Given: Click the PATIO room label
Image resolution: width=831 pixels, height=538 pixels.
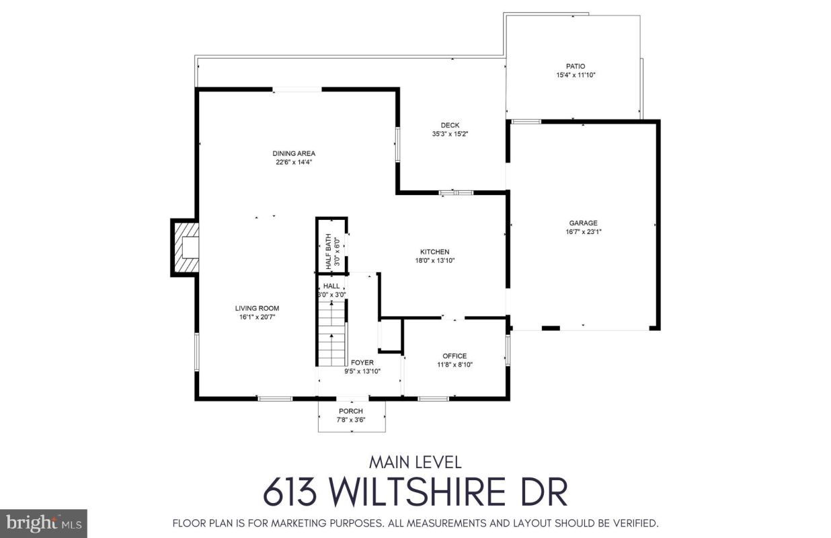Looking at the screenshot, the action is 576,67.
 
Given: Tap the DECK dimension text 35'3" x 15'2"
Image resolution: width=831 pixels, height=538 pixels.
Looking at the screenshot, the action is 450,134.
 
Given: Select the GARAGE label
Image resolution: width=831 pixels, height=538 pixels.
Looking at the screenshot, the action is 583,223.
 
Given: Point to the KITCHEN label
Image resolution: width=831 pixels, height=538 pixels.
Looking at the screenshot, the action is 435,252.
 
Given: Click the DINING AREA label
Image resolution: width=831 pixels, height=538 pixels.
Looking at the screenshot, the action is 294,153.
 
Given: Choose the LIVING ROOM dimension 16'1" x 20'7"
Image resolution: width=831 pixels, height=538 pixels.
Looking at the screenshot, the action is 257,317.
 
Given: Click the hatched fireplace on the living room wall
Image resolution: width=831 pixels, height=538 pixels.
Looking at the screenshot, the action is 186,247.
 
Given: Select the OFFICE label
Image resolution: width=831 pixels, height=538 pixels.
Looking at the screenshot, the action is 454,356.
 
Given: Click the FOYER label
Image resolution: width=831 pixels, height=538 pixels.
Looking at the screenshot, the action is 362,362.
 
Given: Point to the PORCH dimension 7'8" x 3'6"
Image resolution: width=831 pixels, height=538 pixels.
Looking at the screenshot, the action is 350,420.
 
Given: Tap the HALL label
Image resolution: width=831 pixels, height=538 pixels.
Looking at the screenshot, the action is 331,286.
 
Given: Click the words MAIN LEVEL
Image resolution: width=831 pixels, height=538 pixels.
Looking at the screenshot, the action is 415,462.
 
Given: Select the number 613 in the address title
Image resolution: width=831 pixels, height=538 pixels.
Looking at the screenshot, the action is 290,492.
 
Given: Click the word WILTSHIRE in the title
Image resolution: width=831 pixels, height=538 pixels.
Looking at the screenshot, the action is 418,492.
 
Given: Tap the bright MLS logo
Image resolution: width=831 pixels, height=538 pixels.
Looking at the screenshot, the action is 44,523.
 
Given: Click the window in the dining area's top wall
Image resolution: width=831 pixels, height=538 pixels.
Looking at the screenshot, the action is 297,89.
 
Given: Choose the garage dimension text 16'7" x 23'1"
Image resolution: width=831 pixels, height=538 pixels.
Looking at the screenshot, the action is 583,232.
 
